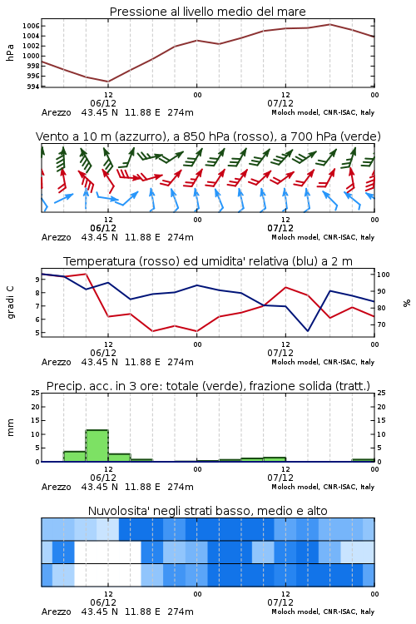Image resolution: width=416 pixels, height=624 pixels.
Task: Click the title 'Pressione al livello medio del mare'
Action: click(207, 12)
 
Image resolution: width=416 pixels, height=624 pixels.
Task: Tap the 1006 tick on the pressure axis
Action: click(31, 27)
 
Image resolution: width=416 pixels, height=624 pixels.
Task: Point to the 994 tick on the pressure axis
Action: click(32, 87)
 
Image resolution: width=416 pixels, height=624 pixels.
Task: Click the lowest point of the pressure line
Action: click(108, 82)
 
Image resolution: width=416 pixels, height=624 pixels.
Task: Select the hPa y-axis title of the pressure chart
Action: click(10, 52)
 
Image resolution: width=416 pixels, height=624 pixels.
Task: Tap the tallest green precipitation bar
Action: click(97, 446)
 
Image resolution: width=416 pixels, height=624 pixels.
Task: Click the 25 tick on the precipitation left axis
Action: click(36, 393)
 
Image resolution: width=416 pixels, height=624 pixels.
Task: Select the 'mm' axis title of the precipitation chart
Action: click(10, 428)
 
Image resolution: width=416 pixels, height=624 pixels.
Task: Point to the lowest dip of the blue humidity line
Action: click(308, 331)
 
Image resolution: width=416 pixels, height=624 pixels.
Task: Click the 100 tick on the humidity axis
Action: click(383, 275)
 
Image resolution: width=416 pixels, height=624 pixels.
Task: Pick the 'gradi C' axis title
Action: click(10, 303)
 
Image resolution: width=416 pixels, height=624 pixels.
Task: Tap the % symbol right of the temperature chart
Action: click(407, 303)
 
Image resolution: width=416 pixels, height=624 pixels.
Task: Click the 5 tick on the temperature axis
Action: click(37, 333)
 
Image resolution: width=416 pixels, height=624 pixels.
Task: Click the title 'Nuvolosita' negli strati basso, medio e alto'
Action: click(207, 511)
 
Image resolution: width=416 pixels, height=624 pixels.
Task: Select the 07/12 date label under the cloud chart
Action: click(280, 602)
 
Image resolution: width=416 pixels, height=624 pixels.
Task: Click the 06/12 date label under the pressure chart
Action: click(103, 103)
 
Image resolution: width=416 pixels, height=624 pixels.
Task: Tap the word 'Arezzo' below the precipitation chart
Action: click(56, 487)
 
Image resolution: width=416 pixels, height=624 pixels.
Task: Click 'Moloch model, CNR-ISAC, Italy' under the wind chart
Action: click(323, 237)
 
